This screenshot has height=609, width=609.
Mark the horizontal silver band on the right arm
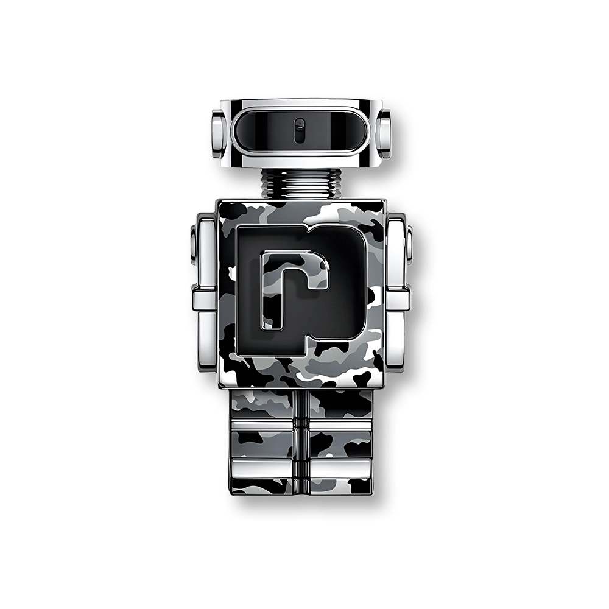[x=400, y=297]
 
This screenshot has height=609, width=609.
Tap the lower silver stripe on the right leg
[x=338, y=466]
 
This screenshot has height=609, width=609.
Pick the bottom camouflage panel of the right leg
[x=338, y=487]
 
